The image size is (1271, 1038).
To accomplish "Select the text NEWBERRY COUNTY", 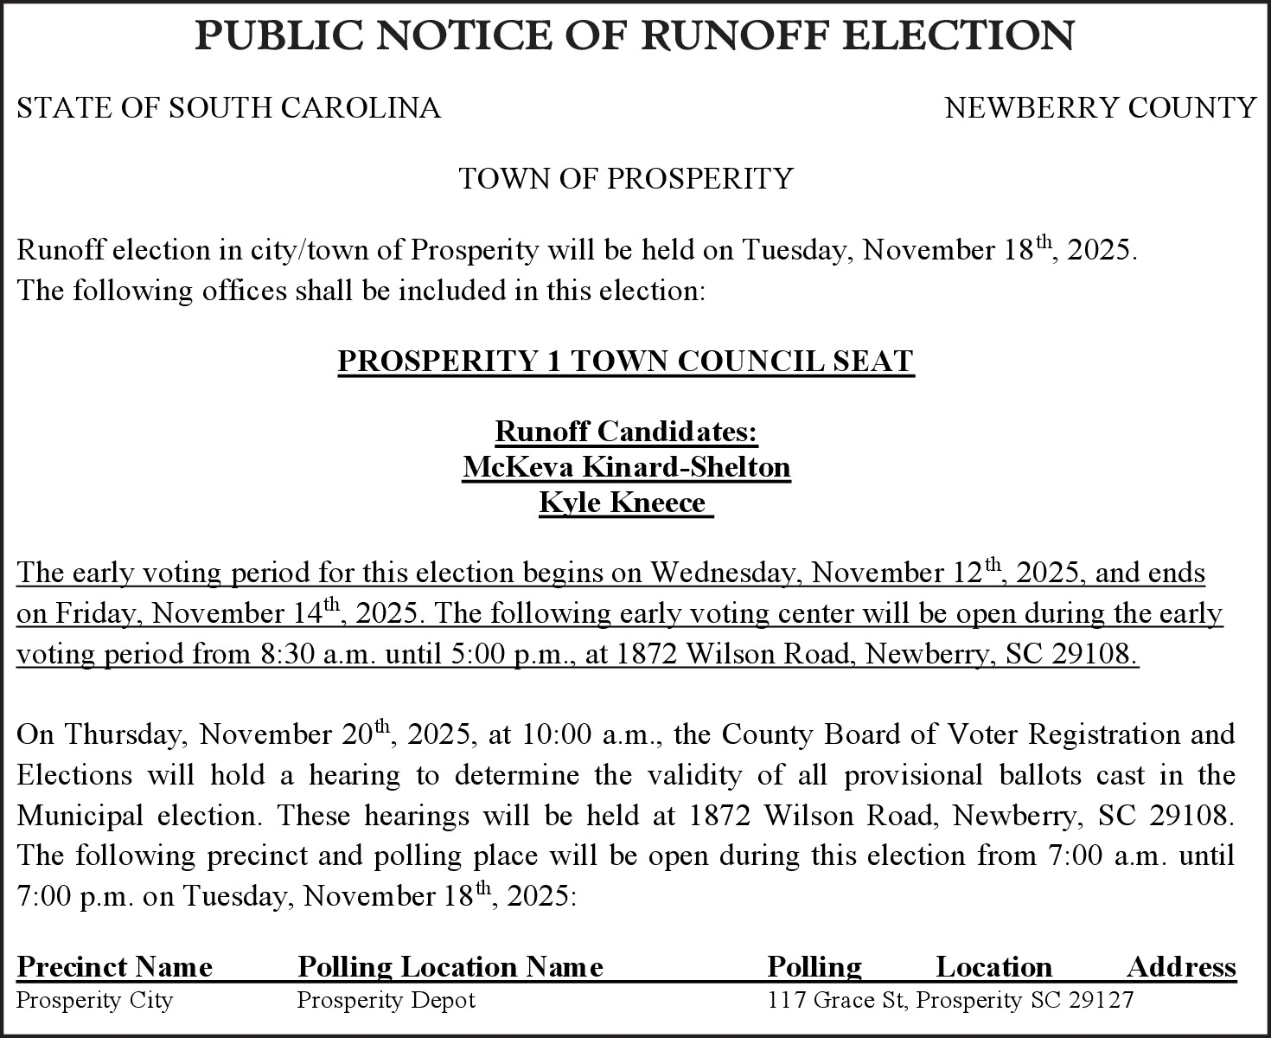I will click(x=1100, y=108).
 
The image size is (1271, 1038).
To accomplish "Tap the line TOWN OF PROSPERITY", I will click(x=625, y=179).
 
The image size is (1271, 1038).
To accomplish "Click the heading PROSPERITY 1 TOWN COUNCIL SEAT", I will click(x=625, y=361).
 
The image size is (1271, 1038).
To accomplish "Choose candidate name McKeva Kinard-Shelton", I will click(x=626, y=467).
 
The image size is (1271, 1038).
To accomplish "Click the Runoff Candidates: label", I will click(x=626, y=431).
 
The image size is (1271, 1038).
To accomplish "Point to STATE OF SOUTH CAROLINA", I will click(x=228, y=108).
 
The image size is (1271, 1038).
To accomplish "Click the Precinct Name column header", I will click(x=114, y=966).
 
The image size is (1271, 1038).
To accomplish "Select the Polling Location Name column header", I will click(x=450, y=966).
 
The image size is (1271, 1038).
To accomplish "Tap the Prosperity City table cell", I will click(x=95, y=1001).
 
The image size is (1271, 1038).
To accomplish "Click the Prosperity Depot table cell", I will click(x=386, y=1001).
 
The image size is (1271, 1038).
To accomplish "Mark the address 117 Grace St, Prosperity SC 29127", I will click(x=950, y=1001).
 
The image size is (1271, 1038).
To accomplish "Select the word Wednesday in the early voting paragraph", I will click(x=726, y=573).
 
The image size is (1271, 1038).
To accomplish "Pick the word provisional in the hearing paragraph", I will click(x=913, y=775).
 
